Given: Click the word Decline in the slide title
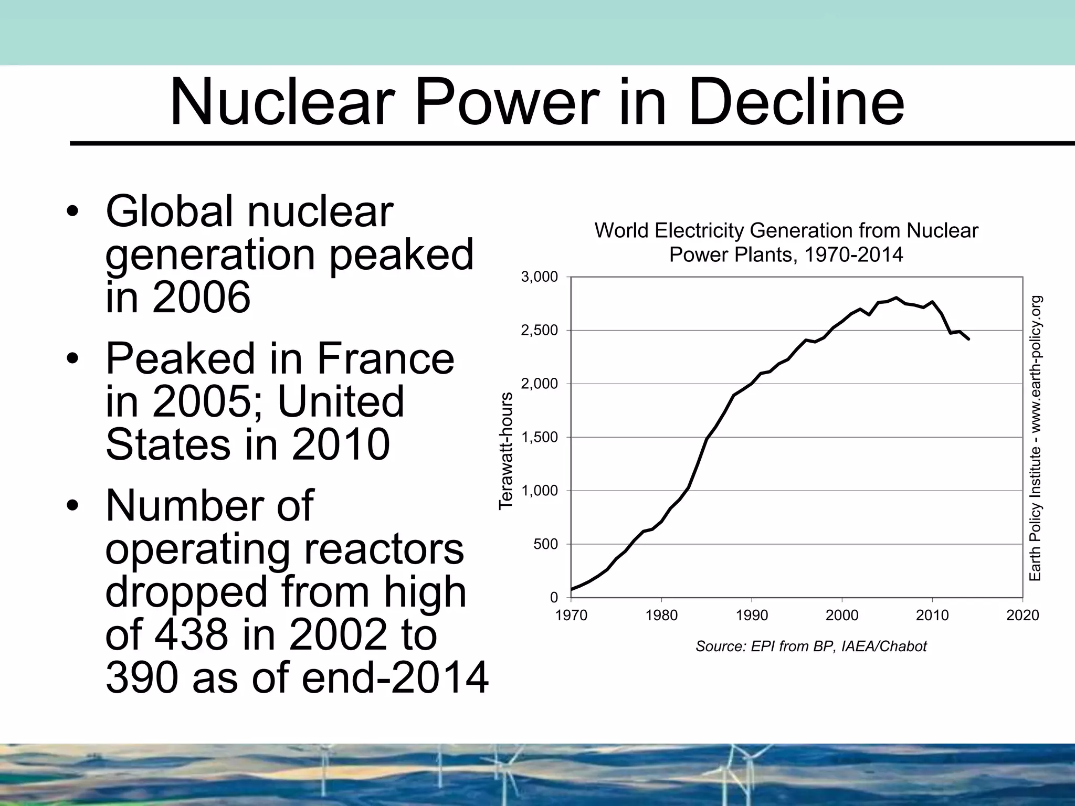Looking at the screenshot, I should [796, 102].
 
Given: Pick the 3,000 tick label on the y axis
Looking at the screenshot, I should [539, 277].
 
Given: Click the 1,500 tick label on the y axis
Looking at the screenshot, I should [539, 438].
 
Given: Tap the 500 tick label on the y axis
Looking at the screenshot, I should [545, 545].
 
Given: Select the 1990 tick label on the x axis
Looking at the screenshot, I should [752, 616].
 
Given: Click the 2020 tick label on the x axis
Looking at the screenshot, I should [1023, 616].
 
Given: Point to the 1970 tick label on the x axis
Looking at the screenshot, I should [571, 616].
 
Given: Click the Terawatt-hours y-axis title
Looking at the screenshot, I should [505, 451].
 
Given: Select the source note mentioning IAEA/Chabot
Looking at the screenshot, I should [811, 646].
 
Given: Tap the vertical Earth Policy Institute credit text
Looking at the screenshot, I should [1035, 438].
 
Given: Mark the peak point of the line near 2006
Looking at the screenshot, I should [896, 298].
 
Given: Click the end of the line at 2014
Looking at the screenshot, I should [968, 340].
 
